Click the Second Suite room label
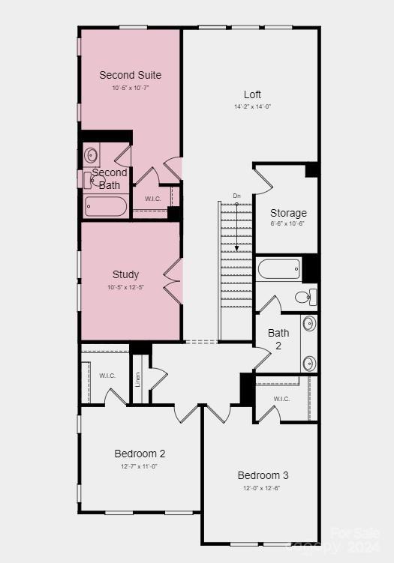130,75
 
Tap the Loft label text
252,94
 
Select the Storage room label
288,213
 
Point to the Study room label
126,274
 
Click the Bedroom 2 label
140,454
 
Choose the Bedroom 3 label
263,475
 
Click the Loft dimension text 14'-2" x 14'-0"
252,106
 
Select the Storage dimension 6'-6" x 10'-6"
288,223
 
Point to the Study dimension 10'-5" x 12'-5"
126,286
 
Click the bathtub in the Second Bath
106,206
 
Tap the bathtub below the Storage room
278,268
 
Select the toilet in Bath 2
304,297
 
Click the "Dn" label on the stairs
236,196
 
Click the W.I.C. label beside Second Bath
154,199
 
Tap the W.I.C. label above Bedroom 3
281,399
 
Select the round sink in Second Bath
91,156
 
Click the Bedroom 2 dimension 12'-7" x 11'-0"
140,466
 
